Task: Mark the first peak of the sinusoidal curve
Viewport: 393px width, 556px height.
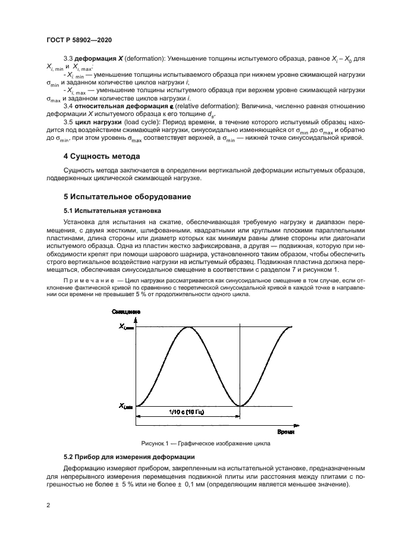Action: click(188, 327)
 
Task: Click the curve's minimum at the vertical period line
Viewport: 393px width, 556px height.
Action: click(240, 406)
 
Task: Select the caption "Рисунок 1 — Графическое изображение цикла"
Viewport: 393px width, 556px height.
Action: click(205, 443)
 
